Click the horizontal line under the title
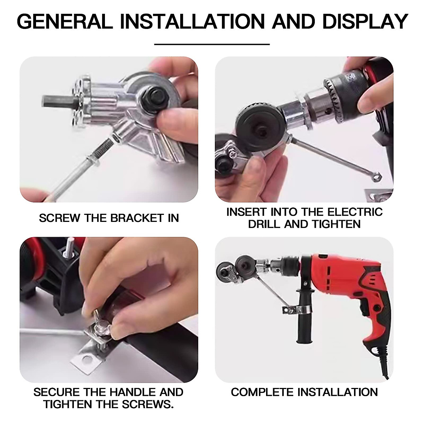coord(212,45)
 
